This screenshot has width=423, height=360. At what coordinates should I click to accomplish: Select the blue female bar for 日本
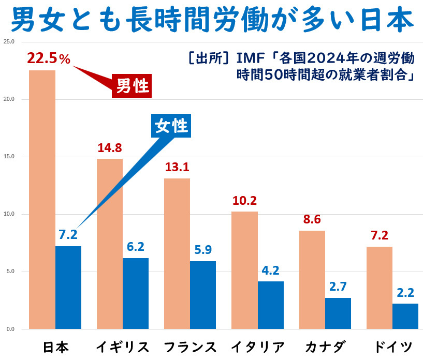pos(68,287)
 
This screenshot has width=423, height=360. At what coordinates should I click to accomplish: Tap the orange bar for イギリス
pos(110,243)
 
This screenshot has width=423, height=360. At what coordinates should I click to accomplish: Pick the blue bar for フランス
pos(203,295)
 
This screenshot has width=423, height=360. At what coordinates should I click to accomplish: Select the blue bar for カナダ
pos(338,313)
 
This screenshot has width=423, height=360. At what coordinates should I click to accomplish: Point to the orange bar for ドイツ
pos(380,288)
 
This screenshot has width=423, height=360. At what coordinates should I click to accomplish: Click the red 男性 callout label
pos(132,86)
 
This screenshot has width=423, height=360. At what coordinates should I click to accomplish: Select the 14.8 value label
pos(110,148)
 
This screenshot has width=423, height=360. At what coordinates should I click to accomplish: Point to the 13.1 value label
pos(177,168)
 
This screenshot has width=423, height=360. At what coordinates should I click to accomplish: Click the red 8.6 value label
pos(312,219)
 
